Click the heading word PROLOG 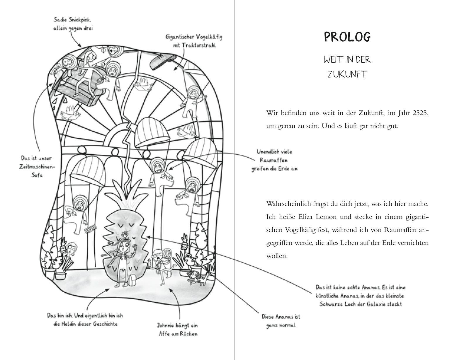pos(347,37)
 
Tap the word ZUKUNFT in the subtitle pos(347,74)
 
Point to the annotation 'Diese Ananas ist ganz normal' pos(281,321)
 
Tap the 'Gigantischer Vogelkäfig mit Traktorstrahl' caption pos(194,41)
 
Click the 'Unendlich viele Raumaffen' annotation pos(274,160)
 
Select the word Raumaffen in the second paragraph pos(401,230)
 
